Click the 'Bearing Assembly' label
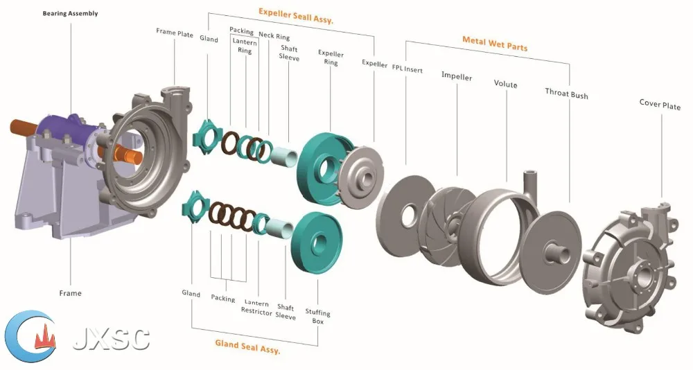(x=70, y=13)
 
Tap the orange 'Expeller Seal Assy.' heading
(x=296, y=15)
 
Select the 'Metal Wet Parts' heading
(x=495, y=44)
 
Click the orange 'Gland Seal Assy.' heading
(x=247, y=346)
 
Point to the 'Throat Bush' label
(x=566, y=94)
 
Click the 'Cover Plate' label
(x=660, y=105)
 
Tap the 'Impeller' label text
(x=457, y=76)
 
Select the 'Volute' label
(x=505, y=84)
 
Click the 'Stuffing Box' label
(x=318, y=317)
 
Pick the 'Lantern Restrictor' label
(x=256, y=308)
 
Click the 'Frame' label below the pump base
(x=70, y=293)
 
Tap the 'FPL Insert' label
(x=407, y=69)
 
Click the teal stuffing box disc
(x=317, y=240)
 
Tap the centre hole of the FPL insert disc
(x=410, y=215)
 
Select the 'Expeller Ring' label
(x=331, y=58)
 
